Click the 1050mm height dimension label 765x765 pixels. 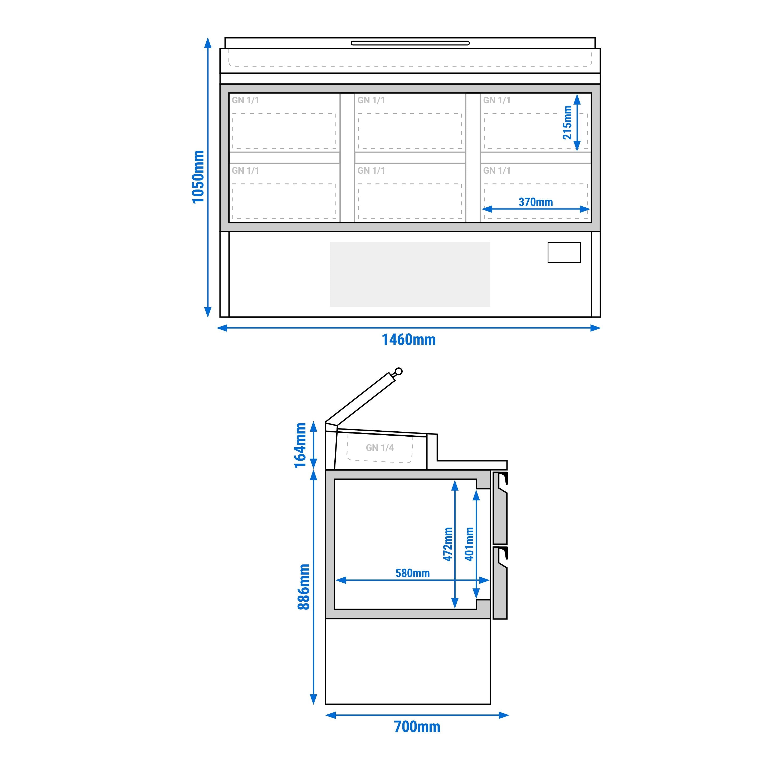tap(198, 177)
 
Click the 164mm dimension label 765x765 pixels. tap(300, 445)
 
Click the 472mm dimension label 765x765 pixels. tap(447, 544)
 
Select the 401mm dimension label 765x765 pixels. tap(470, 544)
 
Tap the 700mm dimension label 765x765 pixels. tap(417, 727)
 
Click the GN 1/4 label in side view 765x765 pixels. tap(380, 448)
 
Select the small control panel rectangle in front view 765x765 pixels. tap(564, 252)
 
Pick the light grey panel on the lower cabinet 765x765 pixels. tap(410, 274)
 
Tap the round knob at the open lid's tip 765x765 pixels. tap(399, 371)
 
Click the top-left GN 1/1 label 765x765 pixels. tap(246, 101)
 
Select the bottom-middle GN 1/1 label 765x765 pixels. tap(371, 171)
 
